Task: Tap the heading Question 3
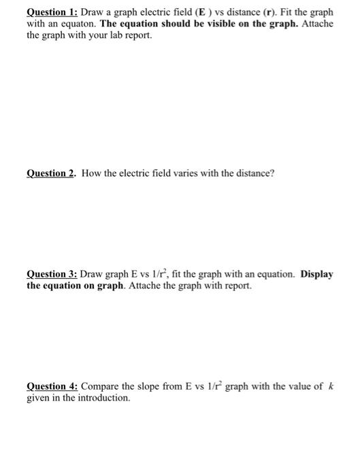pos(52,275)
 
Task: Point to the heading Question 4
pos(52,386)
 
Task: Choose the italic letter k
pos(330,386)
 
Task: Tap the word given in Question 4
pos(38,397)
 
